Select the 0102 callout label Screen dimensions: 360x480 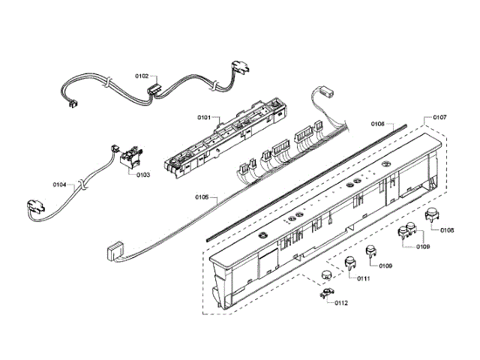click(x=142, y=76)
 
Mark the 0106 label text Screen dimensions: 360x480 click(x=377, y=123)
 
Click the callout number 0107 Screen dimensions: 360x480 click(x=439, y=118)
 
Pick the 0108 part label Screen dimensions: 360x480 click(x=447, y=229)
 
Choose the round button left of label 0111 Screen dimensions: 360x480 click(x=350, y=262)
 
